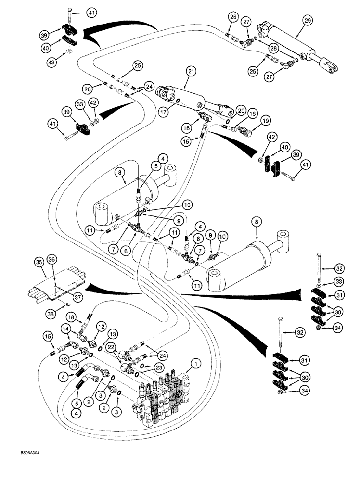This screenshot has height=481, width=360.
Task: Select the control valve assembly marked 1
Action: (166, 392)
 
